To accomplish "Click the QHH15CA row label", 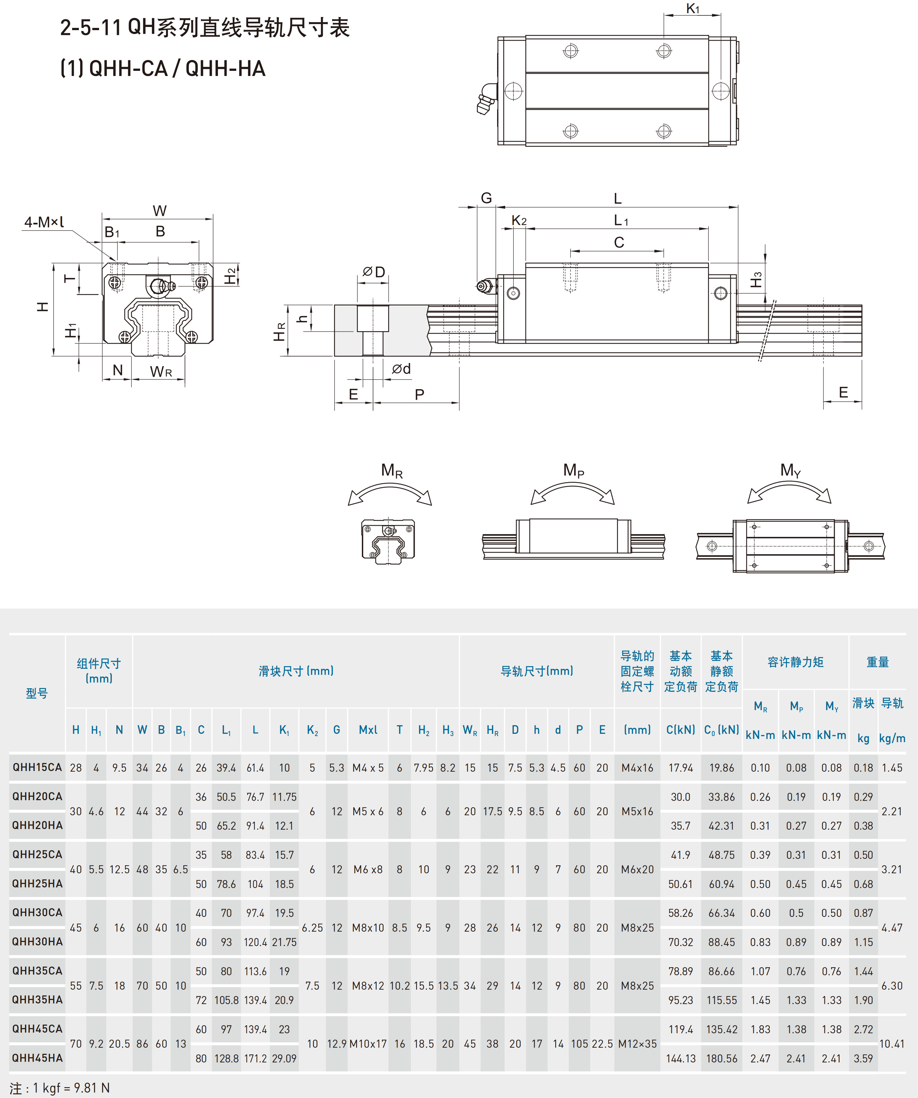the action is (37, 767).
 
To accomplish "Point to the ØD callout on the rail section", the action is (374, 272).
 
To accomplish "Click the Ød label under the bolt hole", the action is (402, 369).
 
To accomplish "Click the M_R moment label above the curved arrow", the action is (392, 471).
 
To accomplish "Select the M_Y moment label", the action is (790, 470).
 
